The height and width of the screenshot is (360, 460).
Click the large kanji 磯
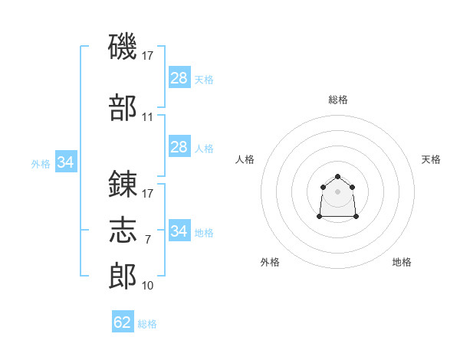[123, 46]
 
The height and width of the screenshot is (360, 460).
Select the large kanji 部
[123, 107]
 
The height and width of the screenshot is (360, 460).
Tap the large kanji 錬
[123, 184]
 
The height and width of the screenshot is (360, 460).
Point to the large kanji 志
[123, 230]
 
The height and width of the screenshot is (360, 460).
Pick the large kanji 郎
[123, 276]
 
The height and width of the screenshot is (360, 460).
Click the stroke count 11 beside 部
[147, 117]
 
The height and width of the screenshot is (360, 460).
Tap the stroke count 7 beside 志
[148, 240]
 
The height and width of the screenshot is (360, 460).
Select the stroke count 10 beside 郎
[147, 286]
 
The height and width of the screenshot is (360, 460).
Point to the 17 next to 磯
[147, 56]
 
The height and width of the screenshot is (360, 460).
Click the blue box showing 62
[123, 321]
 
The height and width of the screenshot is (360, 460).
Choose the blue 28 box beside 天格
[179, 77]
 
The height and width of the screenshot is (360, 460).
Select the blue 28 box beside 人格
[179, 146]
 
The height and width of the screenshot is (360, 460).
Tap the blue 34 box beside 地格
[179, 230]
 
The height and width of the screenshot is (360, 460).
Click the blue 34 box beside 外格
[66, 162]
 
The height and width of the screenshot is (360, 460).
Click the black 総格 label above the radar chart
[338, 100]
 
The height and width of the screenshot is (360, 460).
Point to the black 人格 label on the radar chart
[245, 159]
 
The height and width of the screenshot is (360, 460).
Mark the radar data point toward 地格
[356, 216]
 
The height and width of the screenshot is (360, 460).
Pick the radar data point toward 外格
[320, 216]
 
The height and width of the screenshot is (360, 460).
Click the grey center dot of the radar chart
[337, 191]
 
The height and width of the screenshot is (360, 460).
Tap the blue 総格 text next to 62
[147, 324]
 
